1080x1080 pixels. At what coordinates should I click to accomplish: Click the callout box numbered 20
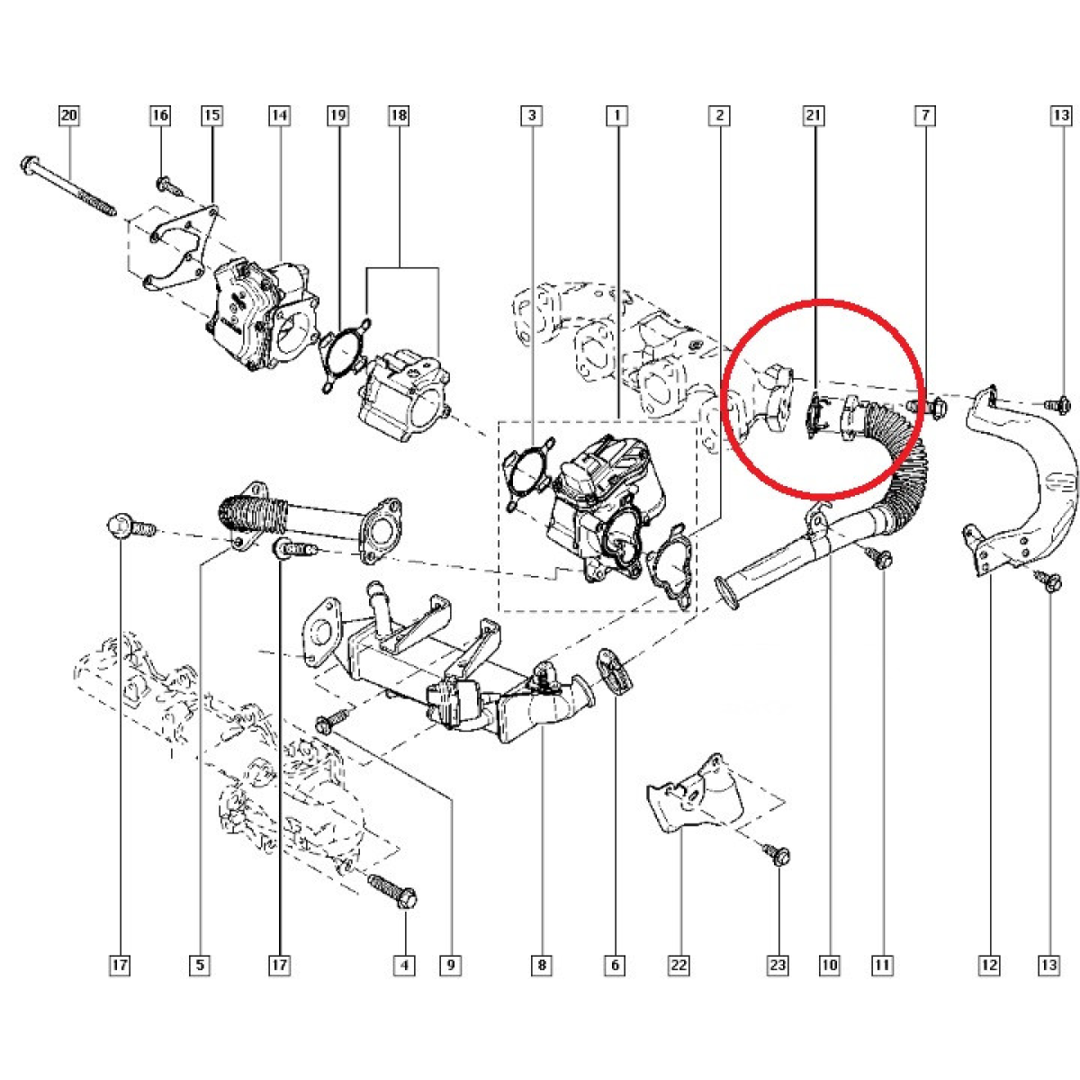point(69,115)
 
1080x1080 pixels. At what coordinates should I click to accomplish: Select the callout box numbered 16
point(160,115)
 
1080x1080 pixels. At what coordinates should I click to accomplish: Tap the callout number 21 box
point(814,115)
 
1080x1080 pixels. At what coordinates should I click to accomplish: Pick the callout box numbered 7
point(925,115)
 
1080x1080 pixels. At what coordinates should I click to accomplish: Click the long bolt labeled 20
point(67,186)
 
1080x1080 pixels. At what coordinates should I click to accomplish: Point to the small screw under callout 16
point(169,186)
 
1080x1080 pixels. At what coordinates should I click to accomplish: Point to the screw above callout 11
point(878,556)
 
